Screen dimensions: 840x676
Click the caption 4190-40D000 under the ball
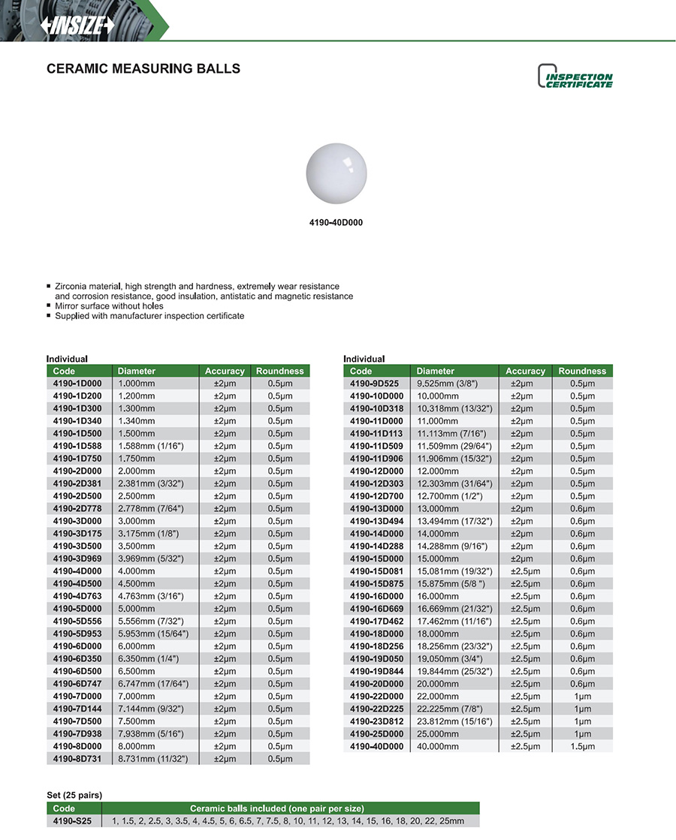[x=337, y=223]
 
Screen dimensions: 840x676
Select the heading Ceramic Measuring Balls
[x=143, y=69]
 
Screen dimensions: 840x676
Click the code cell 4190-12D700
[x=377, y=496]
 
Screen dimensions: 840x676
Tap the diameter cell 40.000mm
[x=437, y=746]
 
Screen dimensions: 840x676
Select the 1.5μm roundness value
[x=582, y=746]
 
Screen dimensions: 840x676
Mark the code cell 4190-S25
[x=72, y=821]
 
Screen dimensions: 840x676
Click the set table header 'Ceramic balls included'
[x=277, y=808]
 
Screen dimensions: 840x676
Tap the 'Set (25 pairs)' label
[x=74, y=795]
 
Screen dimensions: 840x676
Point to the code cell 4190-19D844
[x=377, y=671]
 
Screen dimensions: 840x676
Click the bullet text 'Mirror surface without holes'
[x=109, y=306]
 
